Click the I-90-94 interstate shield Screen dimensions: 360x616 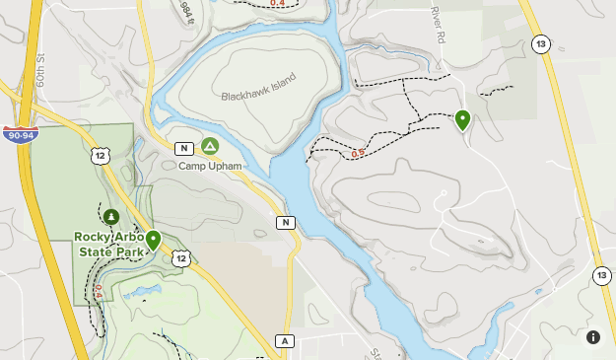(x=18, y=133)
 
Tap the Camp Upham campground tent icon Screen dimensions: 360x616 (x=210, y=147)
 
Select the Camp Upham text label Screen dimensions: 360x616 (x=209, y=166)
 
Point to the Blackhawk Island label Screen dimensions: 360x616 (x=259, y=96)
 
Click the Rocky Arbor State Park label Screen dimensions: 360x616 (x=109, y=244)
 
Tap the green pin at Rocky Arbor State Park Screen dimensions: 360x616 (x=153, y=240)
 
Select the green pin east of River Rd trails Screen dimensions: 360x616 (x=462, y=120)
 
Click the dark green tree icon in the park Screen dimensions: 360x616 (x=111, y=216)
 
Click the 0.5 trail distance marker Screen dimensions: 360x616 (x=358, y=152)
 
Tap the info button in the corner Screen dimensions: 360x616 (x=593, y=337)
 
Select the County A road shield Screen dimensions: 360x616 (x=285, y=340)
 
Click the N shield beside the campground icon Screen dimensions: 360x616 (x=184, y=148)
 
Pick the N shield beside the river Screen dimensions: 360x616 (x=286, y=222)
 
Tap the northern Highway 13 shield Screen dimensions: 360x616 (x=540, y=43)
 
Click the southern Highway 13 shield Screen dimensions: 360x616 (x=601, y=275)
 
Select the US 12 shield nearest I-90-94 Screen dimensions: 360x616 (x=101, y=154)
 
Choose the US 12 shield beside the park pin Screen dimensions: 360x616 (x=180, y=257)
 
